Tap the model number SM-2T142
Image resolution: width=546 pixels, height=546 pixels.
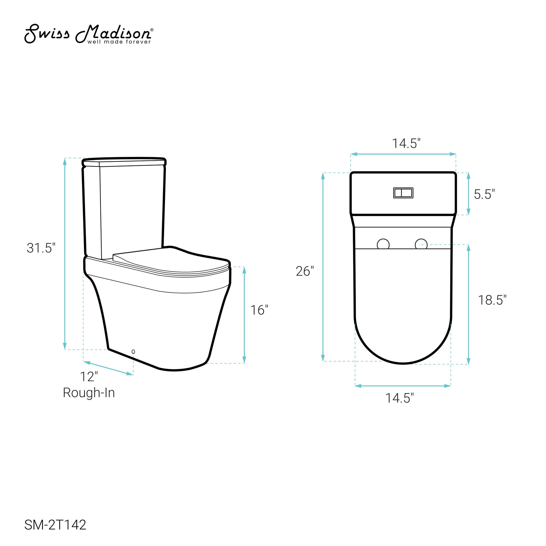[55, 525]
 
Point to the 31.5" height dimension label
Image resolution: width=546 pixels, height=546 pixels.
[41, 248]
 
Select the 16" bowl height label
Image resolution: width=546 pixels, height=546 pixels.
[259, 310]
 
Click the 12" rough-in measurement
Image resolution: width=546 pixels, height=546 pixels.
[89, 377]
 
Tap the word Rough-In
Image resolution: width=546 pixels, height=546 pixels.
[89, 393]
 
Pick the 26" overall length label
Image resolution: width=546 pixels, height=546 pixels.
[305, 271]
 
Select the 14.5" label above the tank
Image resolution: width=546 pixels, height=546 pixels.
[406, 144]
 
